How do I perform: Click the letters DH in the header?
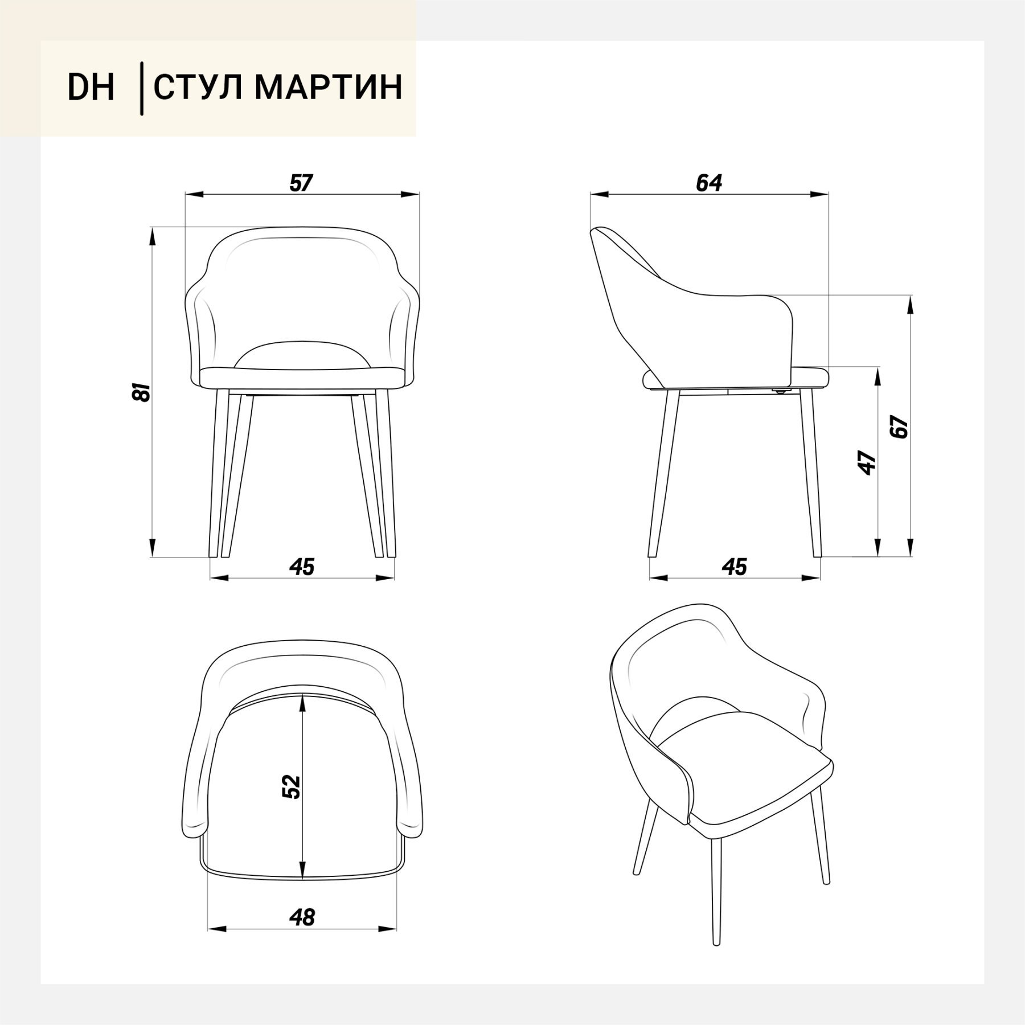(x=91, y=87)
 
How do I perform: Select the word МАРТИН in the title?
(x=328, y=87)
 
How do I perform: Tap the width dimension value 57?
(x=301, y=183)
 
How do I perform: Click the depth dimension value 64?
(x=709, y=183)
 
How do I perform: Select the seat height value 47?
(x=867, y=462)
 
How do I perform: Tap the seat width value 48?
(x=302, y=917)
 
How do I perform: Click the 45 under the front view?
(x=302, y=567)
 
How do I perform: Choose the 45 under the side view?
(x=734, y=567)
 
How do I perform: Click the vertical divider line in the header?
(x=141, y=88)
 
